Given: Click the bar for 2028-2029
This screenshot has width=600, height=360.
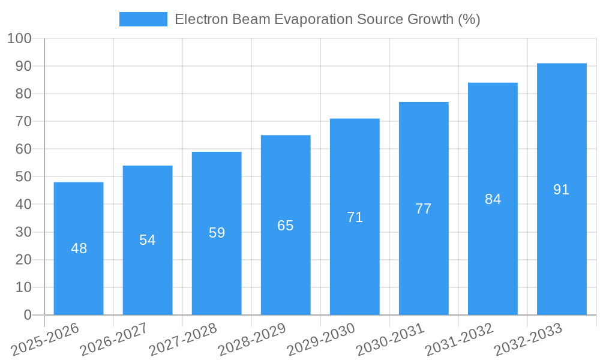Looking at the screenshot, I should point(286,264).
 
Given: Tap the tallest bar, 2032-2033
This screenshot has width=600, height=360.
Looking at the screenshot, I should point(562,240).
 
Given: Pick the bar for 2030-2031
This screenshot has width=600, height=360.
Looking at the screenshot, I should point(424,258).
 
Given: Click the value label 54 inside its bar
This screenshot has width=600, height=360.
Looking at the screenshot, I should point(148,240).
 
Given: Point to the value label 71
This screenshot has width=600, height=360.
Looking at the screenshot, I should point(355,217).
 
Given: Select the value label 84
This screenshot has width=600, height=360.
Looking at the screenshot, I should point(493,199).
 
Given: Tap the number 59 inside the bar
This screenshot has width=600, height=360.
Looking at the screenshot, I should point(217,233).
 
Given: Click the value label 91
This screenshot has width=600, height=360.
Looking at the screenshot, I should point(561,190).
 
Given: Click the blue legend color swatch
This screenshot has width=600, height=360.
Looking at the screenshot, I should point(143,19).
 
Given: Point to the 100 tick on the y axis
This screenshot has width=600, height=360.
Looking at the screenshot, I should point(19,39).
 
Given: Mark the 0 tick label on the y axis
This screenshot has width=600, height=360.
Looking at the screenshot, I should point(28,315).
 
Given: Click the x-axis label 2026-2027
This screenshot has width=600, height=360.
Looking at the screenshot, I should point(114,340).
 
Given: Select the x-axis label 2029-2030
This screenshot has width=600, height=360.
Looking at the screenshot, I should point(321,340).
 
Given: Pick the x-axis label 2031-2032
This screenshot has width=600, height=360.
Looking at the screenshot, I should point(459,340).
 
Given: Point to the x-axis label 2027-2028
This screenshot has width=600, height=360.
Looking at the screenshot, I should point(183,340).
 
